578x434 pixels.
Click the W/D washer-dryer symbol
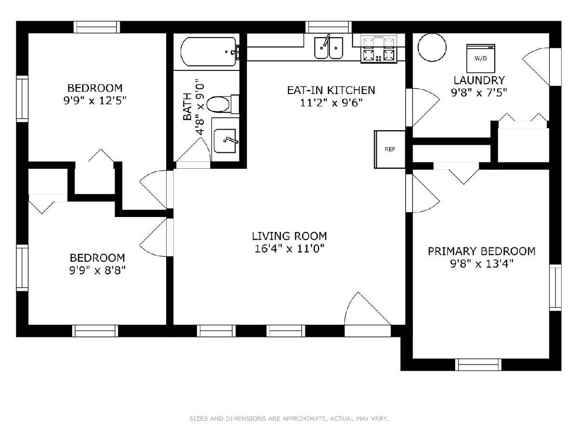[481, 58]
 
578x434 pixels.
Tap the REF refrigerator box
[390, 149]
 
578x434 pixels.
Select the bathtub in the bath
[209, 52]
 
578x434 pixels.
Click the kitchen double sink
[328, 48]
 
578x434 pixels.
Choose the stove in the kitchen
[379, 49]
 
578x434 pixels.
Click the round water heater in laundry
[432, 47]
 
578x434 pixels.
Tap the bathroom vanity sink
[225, 141]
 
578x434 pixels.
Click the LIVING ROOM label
[289, 236]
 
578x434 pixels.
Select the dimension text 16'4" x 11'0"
[289, 248]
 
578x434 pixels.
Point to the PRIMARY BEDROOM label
[481, 251]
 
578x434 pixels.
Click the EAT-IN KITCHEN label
[331, 90]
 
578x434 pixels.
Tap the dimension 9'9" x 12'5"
[95, 100]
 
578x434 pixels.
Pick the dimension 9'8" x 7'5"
[479, 92]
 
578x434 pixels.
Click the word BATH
[187, 107]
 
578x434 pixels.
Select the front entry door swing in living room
[367, 309]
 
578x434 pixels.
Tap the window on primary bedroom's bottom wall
[478, 365]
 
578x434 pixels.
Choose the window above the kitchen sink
[328, 27]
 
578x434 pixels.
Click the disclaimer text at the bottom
[289, 418]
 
